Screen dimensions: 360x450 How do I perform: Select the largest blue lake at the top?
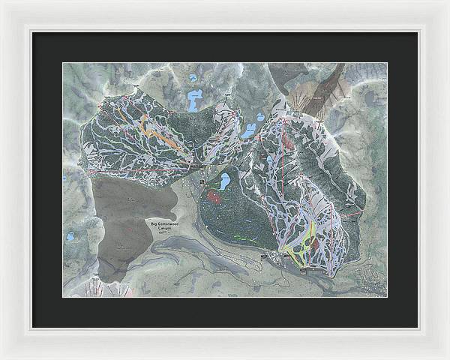[196, 100]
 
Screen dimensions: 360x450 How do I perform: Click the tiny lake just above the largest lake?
[193, 77]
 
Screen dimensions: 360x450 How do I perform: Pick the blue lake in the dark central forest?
[223, 180]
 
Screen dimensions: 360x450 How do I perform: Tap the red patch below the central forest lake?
[215, 198]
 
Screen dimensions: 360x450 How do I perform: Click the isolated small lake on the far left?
[70, 236]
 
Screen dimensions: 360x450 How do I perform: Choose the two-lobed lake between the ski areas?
[248, 130]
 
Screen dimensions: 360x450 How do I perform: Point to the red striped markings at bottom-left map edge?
[96, 287]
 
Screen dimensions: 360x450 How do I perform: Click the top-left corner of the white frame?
[2, 2]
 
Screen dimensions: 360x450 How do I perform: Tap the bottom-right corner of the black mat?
[417, 327]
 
